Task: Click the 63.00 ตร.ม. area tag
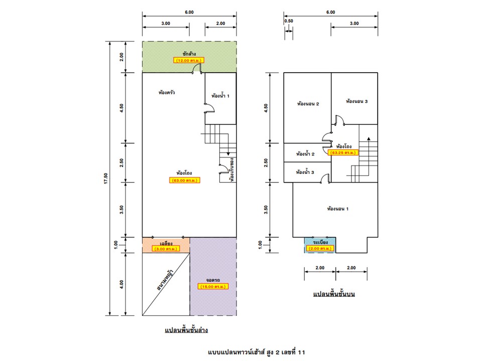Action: [184, 180]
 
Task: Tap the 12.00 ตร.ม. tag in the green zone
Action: [188, 60]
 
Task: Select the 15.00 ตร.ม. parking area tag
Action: [213, 286]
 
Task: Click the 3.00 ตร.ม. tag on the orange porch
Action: [166, 249]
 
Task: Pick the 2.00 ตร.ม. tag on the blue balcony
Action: [320, 248]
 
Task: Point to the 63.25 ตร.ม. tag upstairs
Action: [343, 152]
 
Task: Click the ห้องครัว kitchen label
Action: [167, 92]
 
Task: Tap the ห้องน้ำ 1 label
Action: [220, 96]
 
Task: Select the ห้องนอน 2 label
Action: [308, 104]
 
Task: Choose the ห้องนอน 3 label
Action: [356, 101]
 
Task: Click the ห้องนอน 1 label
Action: [337, 209]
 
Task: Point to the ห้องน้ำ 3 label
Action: [305, 172]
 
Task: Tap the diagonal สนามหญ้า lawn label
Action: [165, 280]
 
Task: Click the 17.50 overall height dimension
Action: [106, 178]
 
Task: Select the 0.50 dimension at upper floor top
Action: [289, 21]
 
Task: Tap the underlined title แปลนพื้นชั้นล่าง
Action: [186, 330]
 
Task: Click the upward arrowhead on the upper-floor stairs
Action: [369, 139]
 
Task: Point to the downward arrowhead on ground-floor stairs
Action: [228, 153]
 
